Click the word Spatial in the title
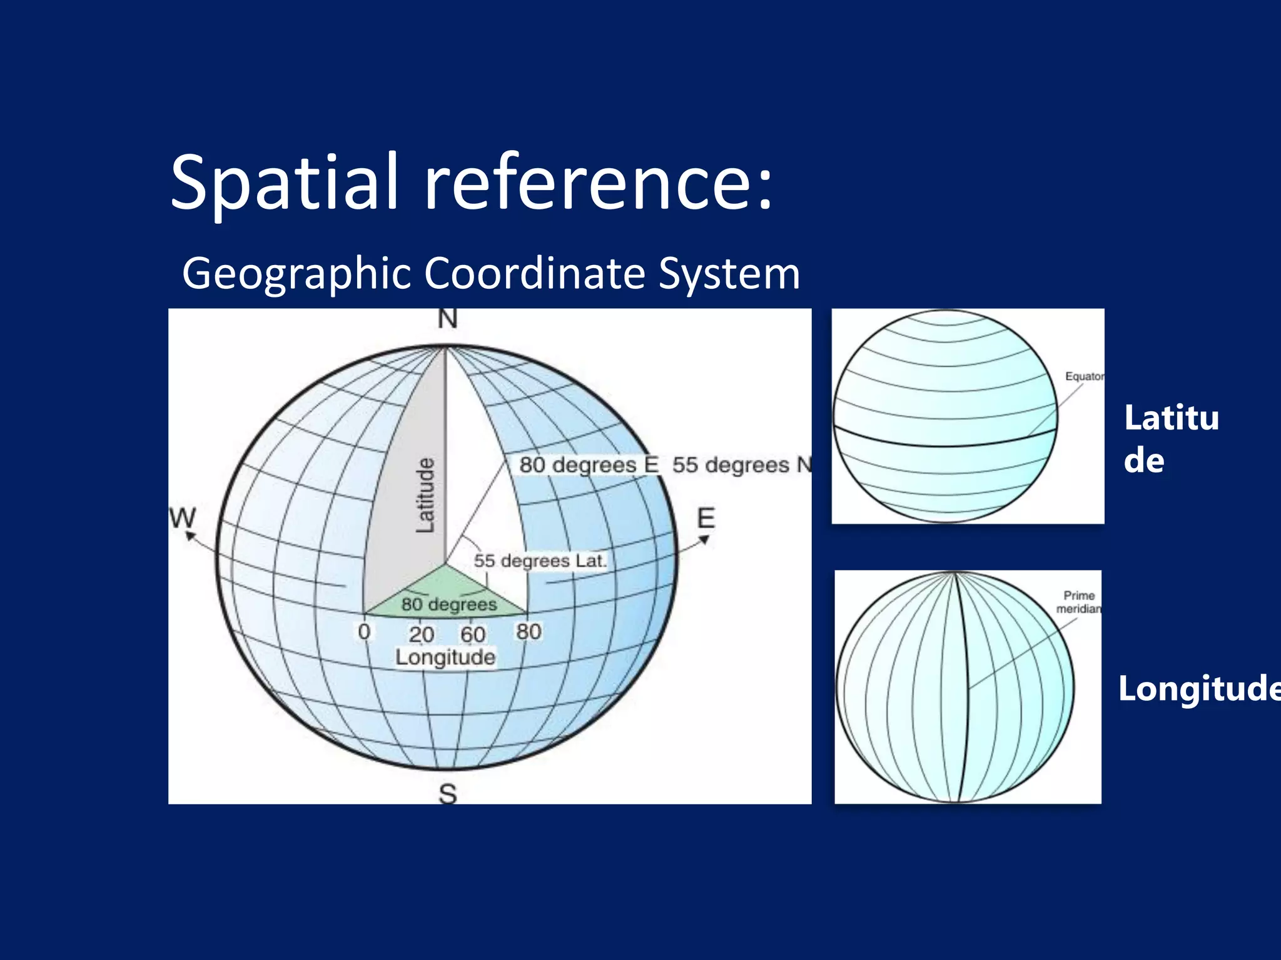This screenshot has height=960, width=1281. (285, 182)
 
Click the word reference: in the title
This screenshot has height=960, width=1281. (599, 182)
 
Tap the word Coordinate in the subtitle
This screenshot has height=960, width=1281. (535, 273)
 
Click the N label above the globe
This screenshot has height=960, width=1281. (447, 319)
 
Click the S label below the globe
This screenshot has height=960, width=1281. (448, 794)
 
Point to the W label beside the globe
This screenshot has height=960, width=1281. (183, 518)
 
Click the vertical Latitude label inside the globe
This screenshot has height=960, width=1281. (425, 495)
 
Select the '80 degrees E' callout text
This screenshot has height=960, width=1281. (589, 465)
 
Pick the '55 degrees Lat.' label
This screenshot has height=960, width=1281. (540, 561)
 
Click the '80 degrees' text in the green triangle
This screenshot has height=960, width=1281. (449, 604)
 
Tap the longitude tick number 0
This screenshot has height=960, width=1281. (364, 632)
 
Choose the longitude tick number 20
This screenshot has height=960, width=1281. (422, 634)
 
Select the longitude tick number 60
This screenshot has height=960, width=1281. (473, 634)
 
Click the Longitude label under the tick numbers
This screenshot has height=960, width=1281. (445, 657)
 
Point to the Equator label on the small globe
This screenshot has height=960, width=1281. (1085, 376)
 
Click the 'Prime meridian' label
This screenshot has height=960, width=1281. (1079, 602)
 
